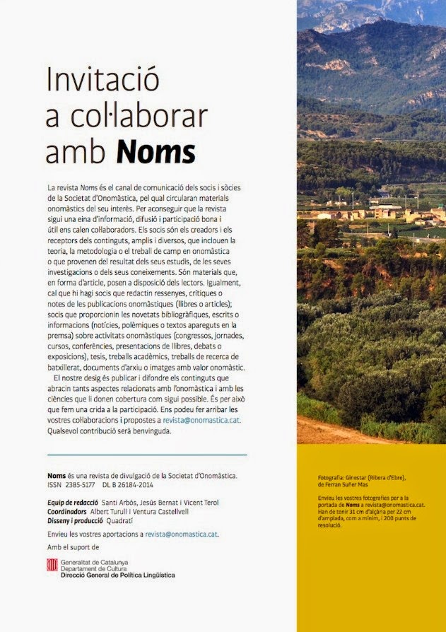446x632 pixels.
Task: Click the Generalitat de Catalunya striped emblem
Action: pos(52,564)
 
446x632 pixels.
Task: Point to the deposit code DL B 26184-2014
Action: pos(133,484)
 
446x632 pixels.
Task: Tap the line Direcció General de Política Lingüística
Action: pos(117,575)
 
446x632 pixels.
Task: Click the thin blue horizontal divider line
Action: pos(146,455)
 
